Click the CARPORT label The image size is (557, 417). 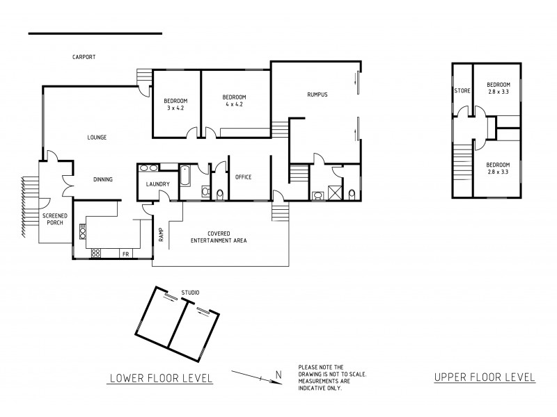(84, 57)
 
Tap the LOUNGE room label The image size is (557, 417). (97, 138)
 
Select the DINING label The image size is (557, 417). (103, 179)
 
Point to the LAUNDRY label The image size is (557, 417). (157, 184)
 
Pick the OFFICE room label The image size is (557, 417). (243, 177)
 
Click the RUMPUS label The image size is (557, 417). (317, 95)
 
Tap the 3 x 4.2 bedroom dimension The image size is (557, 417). (174, 108)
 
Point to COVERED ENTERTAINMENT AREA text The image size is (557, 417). (219, 236)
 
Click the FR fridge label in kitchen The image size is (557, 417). (126, 254)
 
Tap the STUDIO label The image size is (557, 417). (190, 293)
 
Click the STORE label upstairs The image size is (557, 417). (462, 91)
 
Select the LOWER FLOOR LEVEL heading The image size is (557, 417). (161, 378)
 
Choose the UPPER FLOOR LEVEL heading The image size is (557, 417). (485, 377)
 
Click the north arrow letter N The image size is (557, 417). (278, 375)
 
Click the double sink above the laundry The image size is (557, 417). (148, 167)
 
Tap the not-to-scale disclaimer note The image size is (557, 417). (332, 377)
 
